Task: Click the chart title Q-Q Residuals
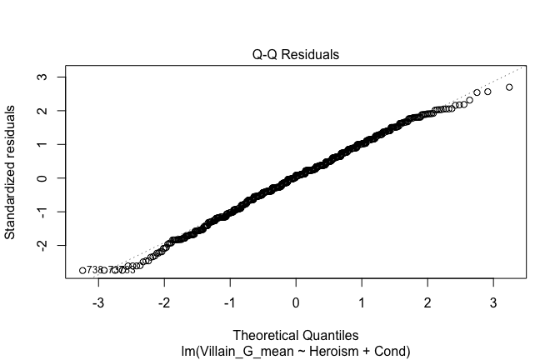pos(296,55)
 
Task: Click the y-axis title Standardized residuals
pos(11,172)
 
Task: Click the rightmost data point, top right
pos(509,87)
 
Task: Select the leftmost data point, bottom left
pos(82,270)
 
